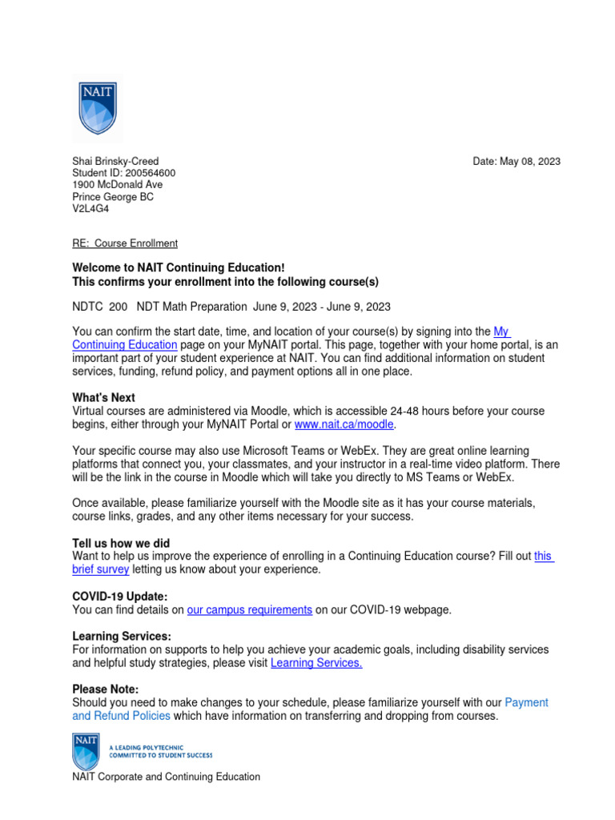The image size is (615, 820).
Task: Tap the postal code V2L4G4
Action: [90, 209]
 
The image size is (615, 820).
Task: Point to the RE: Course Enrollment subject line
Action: [125, 243]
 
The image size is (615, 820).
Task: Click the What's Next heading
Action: [103, 398]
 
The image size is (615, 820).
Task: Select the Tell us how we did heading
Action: [121, 543]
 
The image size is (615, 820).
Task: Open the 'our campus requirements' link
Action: [249, 609]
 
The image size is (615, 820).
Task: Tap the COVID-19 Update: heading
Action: [120, 597]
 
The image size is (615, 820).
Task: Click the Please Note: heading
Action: [106, 689]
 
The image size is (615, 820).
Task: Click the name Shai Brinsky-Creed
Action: [121, 161]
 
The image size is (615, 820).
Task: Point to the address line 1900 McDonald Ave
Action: [117, 185]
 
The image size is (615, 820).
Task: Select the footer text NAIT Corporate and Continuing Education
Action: [166, 776]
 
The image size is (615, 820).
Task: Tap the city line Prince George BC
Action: [113, 197]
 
